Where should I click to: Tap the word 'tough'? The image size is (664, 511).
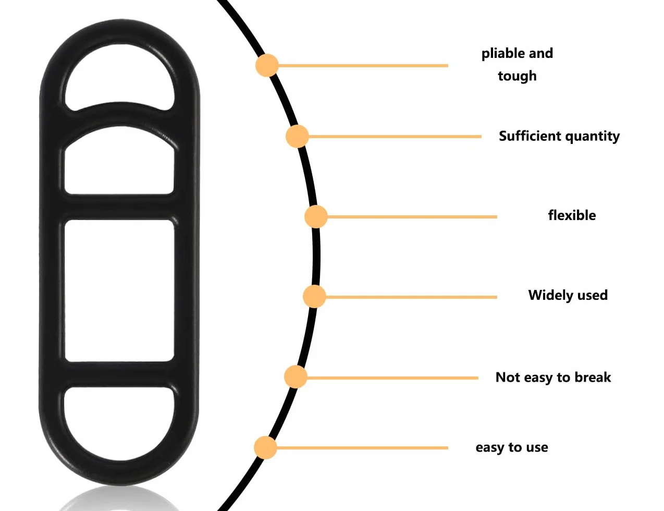(517, 76)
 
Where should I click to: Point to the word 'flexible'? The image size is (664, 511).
(572, 215)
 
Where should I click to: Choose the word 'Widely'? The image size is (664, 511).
(547, 296)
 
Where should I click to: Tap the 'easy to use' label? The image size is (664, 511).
(512, 447)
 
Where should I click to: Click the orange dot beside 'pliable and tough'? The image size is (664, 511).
(267, 65)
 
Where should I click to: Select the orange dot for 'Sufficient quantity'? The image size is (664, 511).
(297, 136)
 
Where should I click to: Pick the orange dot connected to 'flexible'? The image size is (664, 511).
(316, 217)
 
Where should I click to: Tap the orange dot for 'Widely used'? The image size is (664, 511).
(314, 297)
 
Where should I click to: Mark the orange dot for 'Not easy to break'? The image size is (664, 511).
(296, 377)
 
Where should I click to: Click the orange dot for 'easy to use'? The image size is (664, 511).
(265, 448)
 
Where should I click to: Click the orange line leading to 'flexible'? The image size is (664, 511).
(412, 217)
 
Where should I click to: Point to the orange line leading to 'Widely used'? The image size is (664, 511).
(411, 297)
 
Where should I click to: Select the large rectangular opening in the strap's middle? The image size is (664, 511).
(119, 290)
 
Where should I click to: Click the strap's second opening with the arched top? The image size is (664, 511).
(119, 162)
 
